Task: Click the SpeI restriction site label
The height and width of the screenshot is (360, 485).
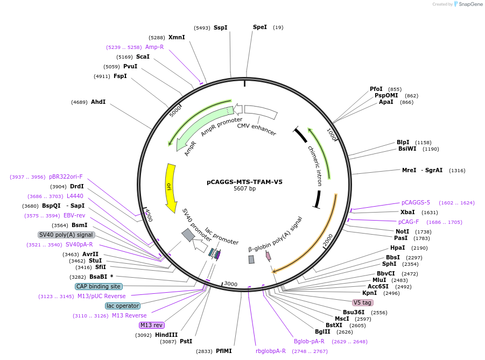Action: [x=259, y=27]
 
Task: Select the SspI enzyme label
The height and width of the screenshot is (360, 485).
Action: [x=220, y=27]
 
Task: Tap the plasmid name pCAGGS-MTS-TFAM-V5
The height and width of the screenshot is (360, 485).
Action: [x=244, y=182]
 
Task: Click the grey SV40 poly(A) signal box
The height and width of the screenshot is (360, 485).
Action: [x=67, y=235]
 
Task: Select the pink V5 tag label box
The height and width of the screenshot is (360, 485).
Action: [x=362, y=302]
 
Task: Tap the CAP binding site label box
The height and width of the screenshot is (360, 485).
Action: [x=99, y=286]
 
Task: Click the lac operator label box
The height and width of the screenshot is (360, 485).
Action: [x=123, y=306]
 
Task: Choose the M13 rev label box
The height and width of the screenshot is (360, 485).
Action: [x=151, y=325]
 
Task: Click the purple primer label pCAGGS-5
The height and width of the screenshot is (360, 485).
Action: [x=416, y=202]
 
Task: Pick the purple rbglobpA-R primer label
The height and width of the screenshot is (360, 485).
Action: [x=271, y=351]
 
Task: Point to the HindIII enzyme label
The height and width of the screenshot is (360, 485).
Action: [x=166, y=335]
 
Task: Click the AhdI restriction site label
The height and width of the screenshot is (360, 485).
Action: [x=98, y=102]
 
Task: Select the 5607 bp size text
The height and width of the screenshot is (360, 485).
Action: [x=244, y=189]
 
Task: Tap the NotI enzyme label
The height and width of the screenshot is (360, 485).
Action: [x=402, y=231]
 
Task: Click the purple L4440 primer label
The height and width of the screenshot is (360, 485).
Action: [x=75, y=196]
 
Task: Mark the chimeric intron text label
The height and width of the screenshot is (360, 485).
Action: [x=315, y=165]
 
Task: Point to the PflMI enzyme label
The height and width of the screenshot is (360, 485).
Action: [x=223, y=351]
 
